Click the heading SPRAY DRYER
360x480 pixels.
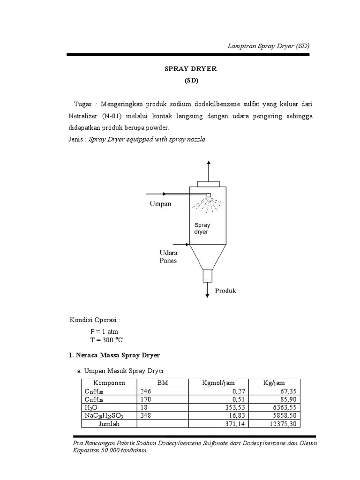190,68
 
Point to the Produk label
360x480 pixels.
225,291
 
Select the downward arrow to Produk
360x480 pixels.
207,291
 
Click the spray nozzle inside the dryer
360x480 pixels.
209,195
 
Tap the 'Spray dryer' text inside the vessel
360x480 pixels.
202,228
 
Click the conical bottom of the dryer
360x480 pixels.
207,257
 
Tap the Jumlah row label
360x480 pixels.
109,424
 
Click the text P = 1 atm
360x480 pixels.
105,331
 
